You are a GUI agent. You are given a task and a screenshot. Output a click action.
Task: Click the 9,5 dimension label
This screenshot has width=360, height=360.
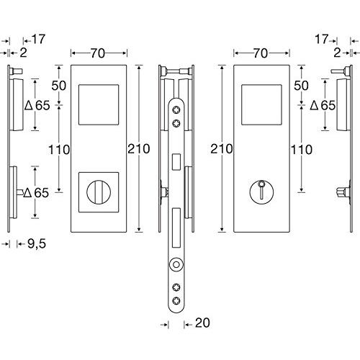click(37, 244)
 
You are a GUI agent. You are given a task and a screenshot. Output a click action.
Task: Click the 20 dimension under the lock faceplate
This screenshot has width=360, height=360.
click(202, 323)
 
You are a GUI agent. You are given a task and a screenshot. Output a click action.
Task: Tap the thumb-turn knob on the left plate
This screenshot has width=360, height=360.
click(99, 192)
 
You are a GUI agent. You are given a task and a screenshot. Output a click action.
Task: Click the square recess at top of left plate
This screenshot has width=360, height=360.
click(99, 104)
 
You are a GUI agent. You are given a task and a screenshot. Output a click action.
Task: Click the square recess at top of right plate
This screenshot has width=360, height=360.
click(261, 104)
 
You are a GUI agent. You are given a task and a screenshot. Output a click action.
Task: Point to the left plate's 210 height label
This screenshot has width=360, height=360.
click(139, 149)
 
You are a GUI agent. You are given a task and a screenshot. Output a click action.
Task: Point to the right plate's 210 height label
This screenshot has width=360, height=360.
click(222, 149)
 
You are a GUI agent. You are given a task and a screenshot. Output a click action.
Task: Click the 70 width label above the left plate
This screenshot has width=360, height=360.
click(98, 53)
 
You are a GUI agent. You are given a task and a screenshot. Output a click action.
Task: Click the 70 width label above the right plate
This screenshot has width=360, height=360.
click(261, 53)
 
